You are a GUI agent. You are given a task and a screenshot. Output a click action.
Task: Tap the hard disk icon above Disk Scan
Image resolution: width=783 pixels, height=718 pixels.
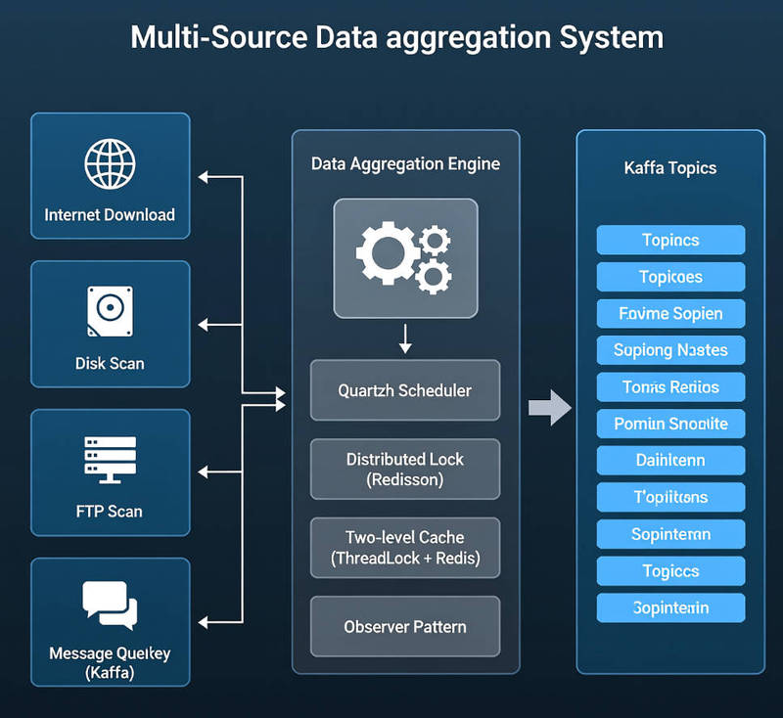pos(110,312)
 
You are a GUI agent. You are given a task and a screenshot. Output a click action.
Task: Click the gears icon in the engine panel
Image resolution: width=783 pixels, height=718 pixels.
pos(405,258)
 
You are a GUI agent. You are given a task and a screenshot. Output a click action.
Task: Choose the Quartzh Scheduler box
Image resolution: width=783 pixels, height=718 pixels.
pos(405,390)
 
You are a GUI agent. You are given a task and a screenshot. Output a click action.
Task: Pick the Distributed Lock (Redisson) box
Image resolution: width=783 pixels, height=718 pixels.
pos(405,470)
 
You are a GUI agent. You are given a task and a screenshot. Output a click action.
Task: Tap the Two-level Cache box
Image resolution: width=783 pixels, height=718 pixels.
pos(405,549)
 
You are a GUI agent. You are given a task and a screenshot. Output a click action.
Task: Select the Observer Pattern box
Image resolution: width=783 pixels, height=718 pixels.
pos(405,626)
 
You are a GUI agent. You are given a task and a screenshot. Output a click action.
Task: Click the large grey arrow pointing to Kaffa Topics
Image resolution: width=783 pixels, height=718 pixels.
pos(550,406)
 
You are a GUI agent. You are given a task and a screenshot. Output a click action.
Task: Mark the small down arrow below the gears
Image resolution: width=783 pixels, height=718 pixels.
pos(405,338)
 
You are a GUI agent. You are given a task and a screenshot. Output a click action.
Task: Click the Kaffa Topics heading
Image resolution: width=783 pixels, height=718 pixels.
pos(670,168)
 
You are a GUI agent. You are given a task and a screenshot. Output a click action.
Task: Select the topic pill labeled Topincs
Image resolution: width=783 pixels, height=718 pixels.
pos(670,240)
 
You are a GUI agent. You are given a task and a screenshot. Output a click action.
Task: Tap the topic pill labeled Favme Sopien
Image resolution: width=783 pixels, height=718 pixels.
pos(670,313)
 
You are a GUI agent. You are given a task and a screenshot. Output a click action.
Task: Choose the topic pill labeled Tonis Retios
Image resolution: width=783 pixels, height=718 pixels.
pos(670,387)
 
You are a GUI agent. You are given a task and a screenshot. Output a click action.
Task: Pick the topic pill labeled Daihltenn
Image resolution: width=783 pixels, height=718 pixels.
pos(670,460)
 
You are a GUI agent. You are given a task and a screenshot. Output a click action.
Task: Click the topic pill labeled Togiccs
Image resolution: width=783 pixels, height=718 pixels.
pos(670,571)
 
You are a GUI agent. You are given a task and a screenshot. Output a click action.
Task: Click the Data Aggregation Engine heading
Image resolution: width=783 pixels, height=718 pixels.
pos(405,163)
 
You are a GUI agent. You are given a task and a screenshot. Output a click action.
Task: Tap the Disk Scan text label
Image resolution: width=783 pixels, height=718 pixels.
pos(110,363)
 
